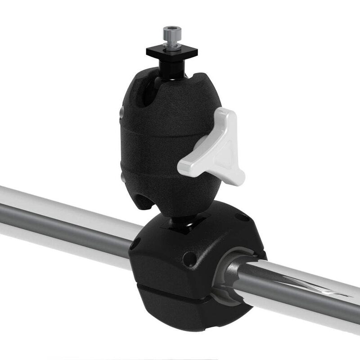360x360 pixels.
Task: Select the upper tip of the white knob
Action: [229, 113]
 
